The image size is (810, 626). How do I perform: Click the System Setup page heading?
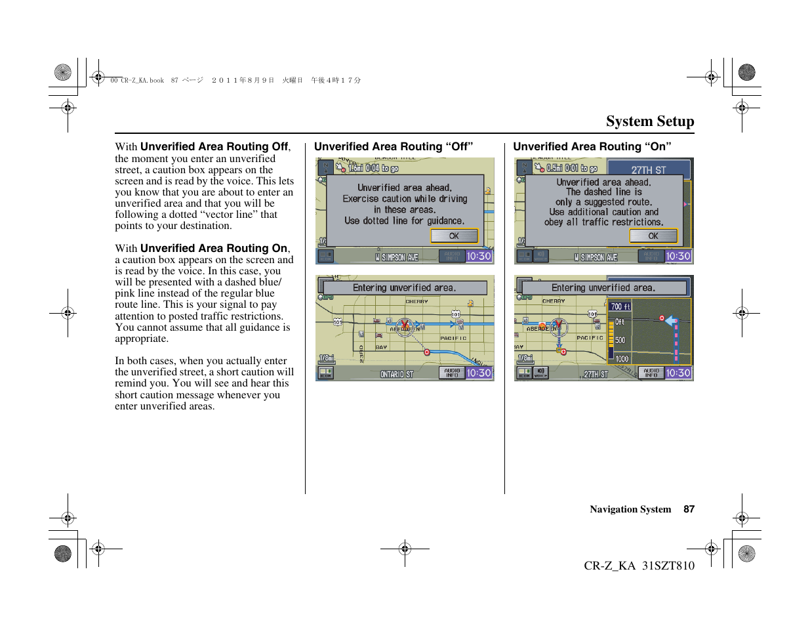click(x=649, y=121)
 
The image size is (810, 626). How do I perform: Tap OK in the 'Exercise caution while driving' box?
click(x=454, y=236)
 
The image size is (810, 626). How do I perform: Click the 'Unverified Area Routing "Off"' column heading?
click(x=393, y=147)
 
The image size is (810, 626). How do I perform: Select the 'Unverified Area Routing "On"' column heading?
click(x=592, y=147)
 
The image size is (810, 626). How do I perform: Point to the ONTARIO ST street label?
click(x=397, y=374)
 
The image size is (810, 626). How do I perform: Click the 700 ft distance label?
click(x=620, y=306)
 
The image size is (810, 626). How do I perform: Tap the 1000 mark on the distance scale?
click(x=621, y=359)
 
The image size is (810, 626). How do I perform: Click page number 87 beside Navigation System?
click(x=689, y=509)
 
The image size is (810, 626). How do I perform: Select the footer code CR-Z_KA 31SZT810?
click(x=639, y=566)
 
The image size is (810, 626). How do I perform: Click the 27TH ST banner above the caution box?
click(x=648, y=170)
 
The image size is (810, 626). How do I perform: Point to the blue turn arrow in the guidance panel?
click(x=670, y=321)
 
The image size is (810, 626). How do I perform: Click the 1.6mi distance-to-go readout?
click(x=355, y=168)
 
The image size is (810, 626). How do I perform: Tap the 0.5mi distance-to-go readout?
click(x=554, y=168)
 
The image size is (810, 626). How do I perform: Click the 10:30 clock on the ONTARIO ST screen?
click(x=479, y=373)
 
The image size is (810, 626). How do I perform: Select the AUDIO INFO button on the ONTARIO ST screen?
click(x=452, y=373)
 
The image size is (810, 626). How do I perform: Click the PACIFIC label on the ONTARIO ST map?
click(x=453, y=339)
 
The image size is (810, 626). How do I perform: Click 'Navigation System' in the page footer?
click(x=630, y=509)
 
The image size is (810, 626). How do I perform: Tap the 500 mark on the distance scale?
click(x=620, y=341)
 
